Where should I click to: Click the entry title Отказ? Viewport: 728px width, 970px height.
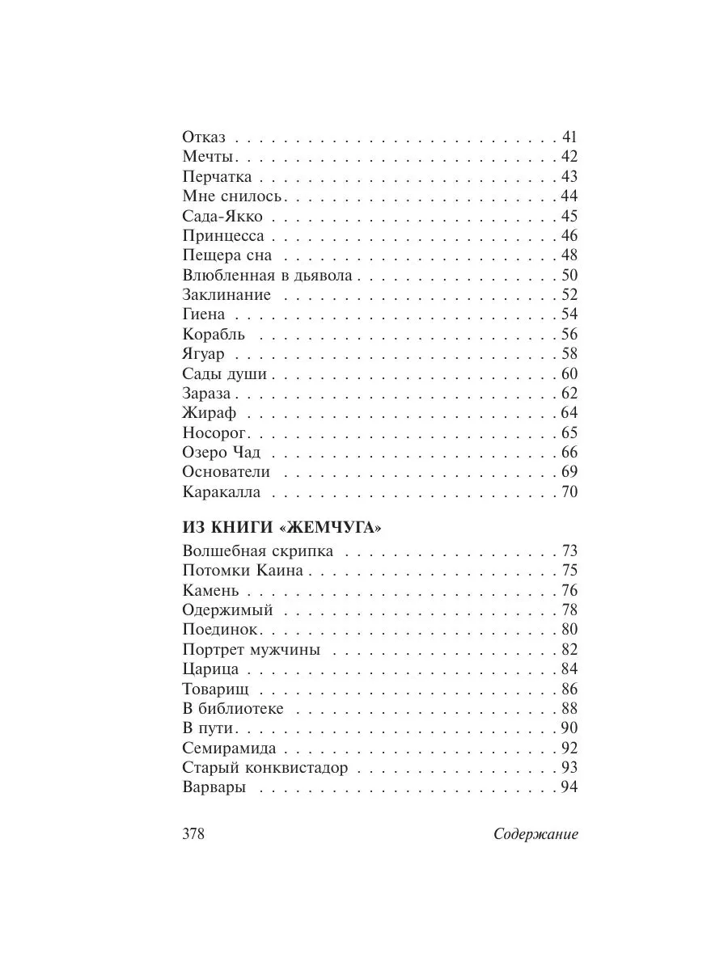[x=204, y=137]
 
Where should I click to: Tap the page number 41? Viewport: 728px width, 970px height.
[x=569, y=137]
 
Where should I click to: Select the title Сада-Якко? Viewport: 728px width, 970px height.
[x=223, y=216]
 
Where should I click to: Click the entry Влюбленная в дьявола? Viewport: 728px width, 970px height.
[x=268, y=275]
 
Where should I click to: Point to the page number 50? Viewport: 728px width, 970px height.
[x=569, y=275]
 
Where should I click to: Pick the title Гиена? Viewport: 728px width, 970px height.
[x=204, y=314]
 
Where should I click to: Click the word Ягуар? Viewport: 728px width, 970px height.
[x=204, y=354]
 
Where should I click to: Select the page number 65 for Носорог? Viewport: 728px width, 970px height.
[x=569, y=432]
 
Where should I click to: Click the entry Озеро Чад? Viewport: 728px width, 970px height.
[x=222, y=453]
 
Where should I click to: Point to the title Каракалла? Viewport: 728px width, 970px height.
[x=222, y=492]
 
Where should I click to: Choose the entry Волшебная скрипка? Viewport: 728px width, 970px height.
[x=258, y=551]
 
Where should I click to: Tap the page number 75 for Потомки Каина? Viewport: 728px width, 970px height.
[x=569, y=571]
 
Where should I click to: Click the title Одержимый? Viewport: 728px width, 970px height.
[x=228, y=610]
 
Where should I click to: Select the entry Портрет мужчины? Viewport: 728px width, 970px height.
[x=252, y=649]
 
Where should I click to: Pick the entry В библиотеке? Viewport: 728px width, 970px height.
[x=234, y=709]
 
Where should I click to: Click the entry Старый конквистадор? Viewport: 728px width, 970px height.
[x=265, y=768]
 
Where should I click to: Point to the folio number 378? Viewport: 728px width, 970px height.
[x=195, y=835]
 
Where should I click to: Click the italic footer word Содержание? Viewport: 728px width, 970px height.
[x=535, y=835]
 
